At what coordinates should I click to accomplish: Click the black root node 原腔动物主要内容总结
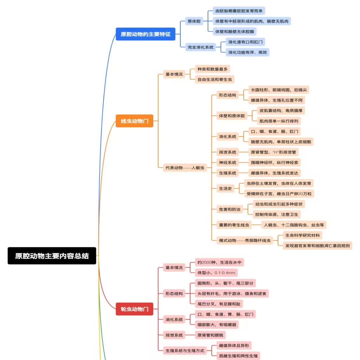coord(52,256)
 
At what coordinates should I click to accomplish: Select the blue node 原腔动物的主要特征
coord(146,34)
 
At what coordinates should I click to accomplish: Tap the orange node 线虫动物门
coord(134,121)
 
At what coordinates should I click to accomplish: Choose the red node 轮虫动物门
coord(134,309)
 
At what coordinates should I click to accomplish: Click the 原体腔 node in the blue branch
coord(194,21)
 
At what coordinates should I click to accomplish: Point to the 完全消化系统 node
coord(200,47)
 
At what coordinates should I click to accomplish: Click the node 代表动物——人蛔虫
coord(185,168)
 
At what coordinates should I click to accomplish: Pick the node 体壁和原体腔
coord(232,116)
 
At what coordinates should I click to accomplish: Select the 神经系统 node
coord(228,162)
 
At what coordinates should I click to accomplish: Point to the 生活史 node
coord(225,188)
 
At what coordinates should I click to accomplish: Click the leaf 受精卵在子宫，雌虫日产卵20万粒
coord(279,193)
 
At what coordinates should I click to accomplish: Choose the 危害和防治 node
coord(229,209)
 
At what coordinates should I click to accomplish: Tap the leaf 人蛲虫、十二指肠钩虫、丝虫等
coord(293,225)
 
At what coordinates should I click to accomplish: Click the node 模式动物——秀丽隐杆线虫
coord(245,240)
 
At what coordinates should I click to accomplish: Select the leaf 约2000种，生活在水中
coord(219,262)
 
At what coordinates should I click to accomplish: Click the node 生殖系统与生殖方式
coord(185,350)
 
